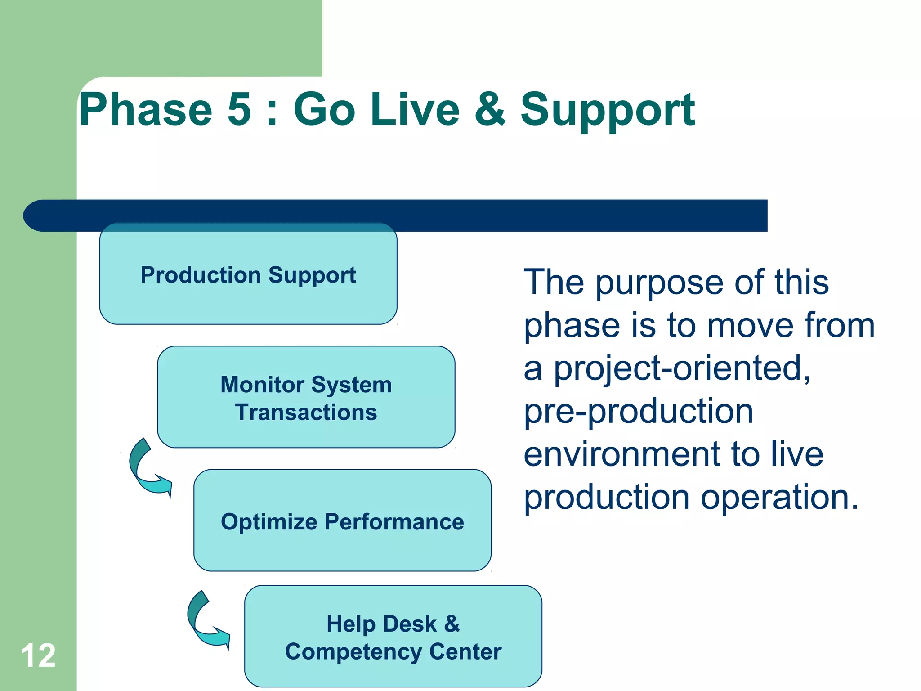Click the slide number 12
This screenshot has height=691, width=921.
38,655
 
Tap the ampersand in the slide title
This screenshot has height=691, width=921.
489,109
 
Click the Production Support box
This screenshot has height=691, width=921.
248,274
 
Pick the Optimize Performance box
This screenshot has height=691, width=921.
342,521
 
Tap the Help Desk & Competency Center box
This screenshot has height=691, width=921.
393,637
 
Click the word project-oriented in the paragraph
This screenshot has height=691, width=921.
681,369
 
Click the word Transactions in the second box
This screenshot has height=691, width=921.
306,413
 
